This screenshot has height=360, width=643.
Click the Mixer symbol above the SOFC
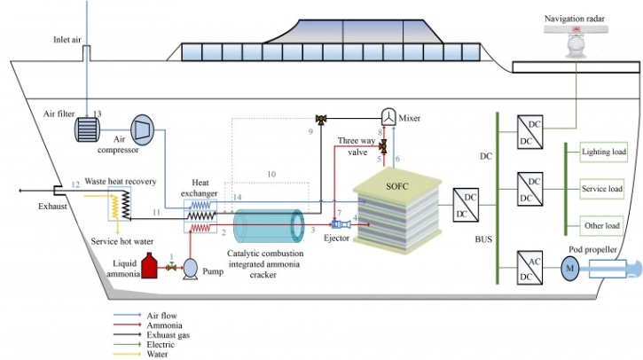click(x=387, y=117)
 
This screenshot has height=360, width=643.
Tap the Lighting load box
click(x=603, y=153)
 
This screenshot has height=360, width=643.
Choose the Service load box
click(x=603, y=189)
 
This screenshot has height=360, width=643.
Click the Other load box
click(x=603, y=225)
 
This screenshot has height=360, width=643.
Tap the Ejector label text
click(x=336, y=238)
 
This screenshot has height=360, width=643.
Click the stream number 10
click(x=271, y=174)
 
